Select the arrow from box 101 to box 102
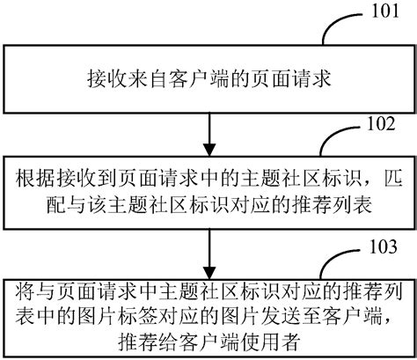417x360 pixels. coord(208,129)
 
